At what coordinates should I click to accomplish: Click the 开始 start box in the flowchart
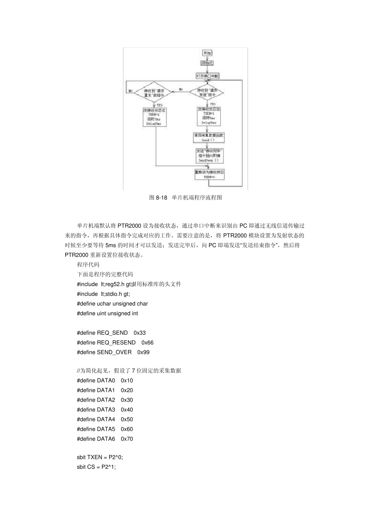pos(207,53)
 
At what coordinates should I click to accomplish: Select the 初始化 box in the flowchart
pos(207,63)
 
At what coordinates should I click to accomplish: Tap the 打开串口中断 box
pos(207,76)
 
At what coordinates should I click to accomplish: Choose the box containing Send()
pos(209,137)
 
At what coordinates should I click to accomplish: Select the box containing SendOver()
pos(209,155)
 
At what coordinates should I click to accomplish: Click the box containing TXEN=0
pos(209,174)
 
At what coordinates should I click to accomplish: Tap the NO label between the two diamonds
pos(181,90)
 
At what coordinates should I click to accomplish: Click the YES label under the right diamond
pos(212,104)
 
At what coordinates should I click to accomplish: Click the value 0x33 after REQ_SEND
pos(139,333)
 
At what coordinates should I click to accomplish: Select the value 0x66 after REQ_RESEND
pos(147,343)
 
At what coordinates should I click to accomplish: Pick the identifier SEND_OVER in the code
pos(114,352)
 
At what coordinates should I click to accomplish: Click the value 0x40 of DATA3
pos(127,410)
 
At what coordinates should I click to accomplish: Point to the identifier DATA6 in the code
pos(106,439)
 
